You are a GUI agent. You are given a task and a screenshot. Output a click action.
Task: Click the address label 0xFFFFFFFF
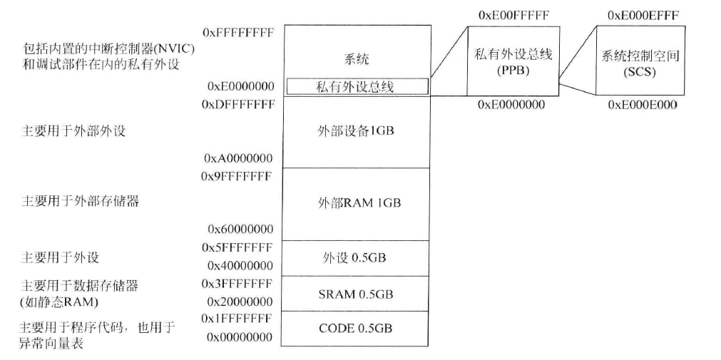click(x=238, y=32)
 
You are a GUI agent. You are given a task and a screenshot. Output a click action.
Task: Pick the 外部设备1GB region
click(x=356, y=132)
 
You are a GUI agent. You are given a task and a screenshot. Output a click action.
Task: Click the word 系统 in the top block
click(x=357, y=59)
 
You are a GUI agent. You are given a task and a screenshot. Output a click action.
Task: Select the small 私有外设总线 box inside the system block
click(x=357, y=87)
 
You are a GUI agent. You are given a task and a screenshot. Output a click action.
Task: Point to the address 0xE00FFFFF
click(x=513, y=15)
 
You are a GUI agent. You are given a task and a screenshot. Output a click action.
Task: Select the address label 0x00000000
click(x=240, y=336)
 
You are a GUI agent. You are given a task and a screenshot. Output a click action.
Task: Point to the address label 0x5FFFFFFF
click(x=237, y=247)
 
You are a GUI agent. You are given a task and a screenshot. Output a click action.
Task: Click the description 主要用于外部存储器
click(x=80, y=200)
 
